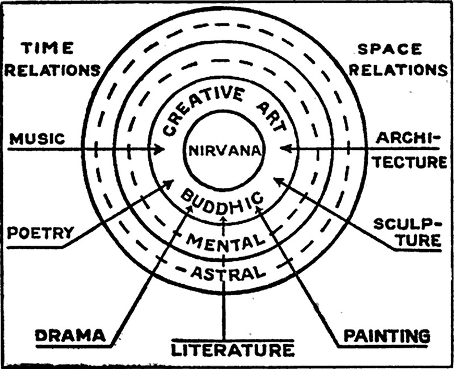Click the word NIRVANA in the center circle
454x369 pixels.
[224, 151]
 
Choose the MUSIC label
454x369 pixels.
[35, 139]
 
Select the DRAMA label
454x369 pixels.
[71, 336]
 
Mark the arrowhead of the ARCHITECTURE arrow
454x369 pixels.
[284, 149]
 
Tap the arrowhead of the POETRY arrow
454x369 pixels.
[170, 183]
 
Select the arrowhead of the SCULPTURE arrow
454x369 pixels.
[276, 181]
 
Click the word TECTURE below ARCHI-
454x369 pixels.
[413, 162]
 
